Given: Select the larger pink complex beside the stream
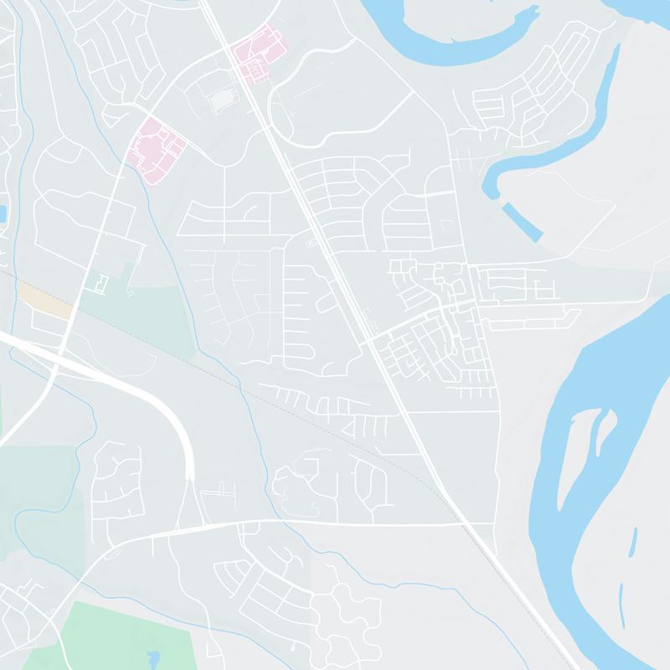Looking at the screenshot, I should point(157,149).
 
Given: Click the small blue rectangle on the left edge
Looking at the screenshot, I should point(3,214).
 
